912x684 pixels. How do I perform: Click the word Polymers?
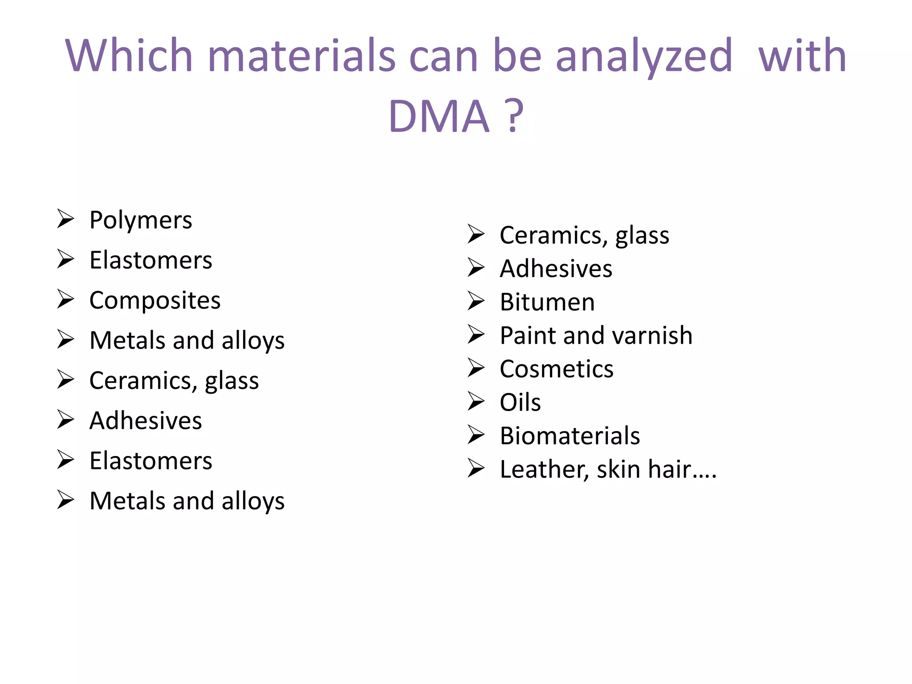pos(141,220)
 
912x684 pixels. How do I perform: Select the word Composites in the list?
pos(155,301)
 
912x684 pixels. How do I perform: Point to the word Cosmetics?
pos(557,369)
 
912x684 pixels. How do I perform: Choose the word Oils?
pos(520,402)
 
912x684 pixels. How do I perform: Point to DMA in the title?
pos(439,117)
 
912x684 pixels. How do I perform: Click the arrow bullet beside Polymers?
pos(65,219)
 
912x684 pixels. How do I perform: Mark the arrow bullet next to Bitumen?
pos(476,301)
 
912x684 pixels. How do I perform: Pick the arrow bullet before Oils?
pos(476,401)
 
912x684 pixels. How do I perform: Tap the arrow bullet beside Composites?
pos(65,299)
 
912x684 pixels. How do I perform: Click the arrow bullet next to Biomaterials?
pos(476,435)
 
